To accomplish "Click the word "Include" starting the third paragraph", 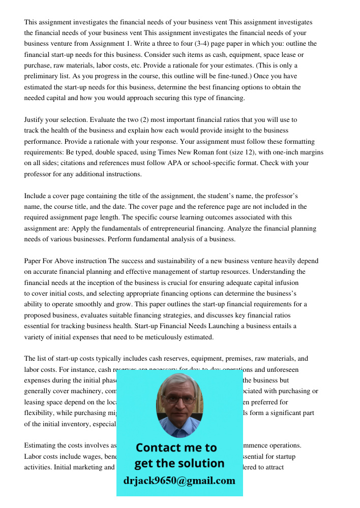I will pos(36,196).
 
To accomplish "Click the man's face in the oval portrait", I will pos(179,401).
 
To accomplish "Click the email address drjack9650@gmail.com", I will pos(179,481).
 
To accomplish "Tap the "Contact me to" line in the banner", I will pos(176,448).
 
